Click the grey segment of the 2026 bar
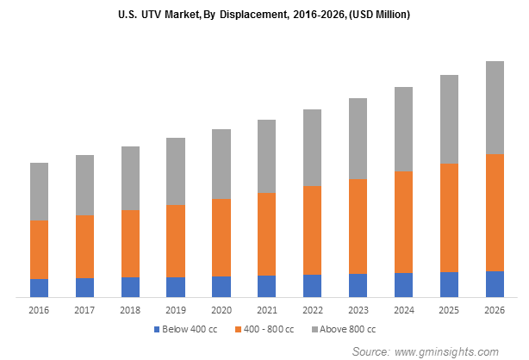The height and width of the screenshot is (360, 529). [495, 108]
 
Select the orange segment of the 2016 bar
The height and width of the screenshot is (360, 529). [39, 249]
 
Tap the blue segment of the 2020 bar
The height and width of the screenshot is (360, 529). [221, 287]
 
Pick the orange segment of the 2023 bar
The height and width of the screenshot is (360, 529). [358, 227]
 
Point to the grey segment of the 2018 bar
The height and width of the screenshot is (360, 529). [130, 178]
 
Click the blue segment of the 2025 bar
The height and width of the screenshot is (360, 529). [449, 284]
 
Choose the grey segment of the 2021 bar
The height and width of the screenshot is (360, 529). [267, 156]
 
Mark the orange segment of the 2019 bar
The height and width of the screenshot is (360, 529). [176, 240]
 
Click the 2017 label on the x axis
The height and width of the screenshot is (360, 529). [84, 309]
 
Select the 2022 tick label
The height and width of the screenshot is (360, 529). [312, 309]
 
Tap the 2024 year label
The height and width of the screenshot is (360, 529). [403, 309]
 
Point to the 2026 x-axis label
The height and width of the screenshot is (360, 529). [495, 309]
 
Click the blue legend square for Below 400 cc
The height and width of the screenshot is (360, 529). [157, 329]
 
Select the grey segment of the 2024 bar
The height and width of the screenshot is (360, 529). [403, 129]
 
